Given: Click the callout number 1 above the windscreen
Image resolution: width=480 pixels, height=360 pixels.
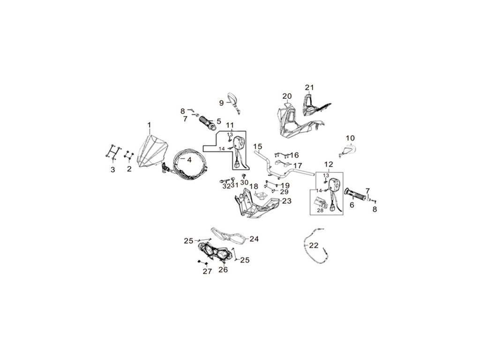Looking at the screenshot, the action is (149, 125).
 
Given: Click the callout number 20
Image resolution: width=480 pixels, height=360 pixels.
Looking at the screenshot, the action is (287, 96).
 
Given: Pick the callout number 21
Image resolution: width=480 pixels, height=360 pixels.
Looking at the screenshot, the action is (309, 87).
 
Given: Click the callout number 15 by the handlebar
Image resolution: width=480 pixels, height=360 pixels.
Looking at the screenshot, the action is (257, 147).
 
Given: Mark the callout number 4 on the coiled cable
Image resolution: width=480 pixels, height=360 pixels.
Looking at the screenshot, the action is (189, 159).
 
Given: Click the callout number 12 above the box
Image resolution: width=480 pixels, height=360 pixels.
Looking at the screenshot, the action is (328, 165).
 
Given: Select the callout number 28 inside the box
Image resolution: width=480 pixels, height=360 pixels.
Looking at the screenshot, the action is (321, 210).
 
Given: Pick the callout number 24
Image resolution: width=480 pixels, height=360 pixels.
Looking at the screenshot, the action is (254, 239).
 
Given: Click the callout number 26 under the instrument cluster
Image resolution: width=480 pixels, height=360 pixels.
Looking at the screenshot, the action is (223, 270).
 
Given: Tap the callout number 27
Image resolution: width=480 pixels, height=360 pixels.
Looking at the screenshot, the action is (207, 271).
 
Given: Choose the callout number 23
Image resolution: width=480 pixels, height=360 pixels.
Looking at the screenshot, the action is (286, 201).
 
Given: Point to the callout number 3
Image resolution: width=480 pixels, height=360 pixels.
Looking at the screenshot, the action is (112, 170).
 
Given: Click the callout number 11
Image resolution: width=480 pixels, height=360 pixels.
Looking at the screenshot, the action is (230, 125).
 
